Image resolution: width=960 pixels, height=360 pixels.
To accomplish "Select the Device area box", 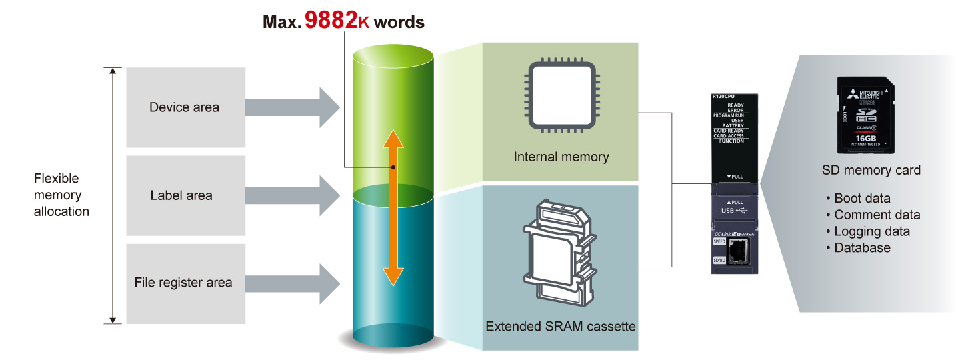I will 184,107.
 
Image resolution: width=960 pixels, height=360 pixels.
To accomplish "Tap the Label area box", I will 181,195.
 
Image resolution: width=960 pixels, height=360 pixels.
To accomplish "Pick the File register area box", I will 183,283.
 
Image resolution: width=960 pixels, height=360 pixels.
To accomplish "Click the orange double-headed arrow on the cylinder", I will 393,207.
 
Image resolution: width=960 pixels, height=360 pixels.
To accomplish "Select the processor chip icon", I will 561,95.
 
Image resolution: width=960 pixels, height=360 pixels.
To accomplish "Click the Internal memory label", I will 561,157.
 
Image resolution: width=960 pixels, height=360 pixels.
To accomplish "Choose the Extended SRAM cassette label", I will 561,327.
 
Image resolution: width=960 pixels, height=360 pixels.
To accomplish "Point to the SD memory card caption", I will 871,170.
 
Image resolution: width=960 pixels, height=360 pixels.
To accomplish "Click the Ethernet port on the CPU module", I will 737,251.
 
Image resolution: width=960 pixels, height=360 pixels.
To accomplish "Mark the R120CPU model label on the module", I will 724,97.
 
